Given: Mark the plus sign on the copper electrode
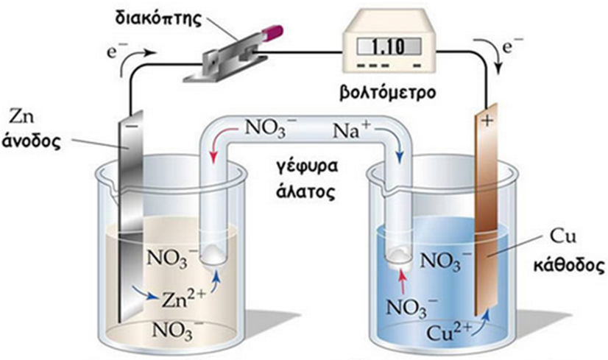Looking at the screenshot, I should point(486,121).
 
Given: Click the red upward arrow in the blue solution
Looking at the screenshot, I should point(402,280).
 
